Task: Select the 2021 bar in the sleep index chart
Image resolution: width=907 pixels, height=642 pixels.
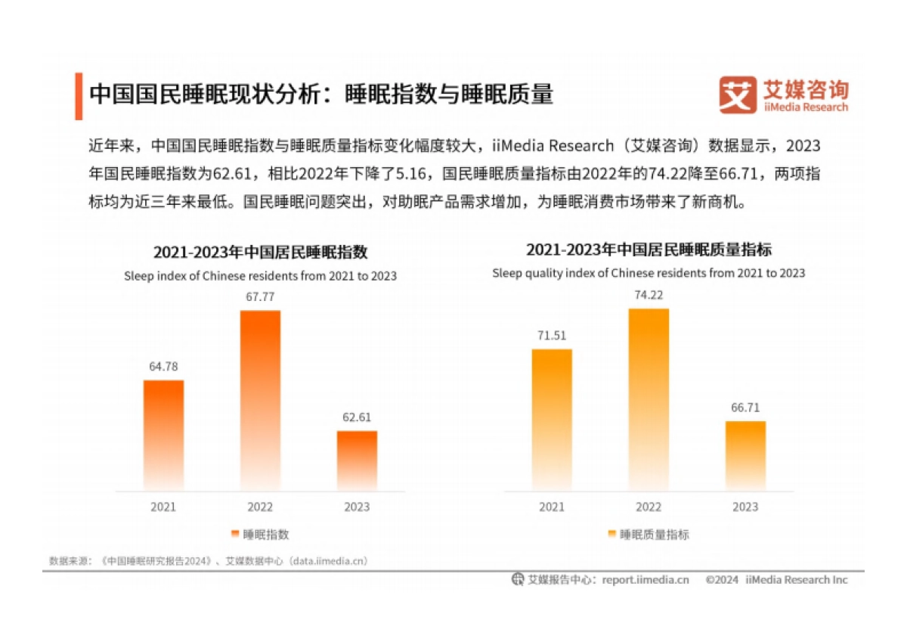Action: [x=163, y=435]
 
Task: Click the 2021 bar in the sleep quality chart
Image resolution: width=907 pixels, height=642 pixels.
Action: [x=552, y=419]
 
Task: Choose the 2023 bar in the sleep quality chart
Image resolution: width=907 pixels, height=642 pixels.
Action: [x=745, y=455]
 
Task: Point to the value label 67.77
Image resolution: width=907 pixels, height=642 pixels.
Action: [x=260, y=296]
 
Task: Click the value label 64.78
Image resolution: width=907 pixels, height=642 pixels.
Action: [x=163, y=367]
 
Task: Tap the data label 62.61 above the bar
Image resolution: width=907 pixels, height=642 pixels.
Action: [x=357, y=417]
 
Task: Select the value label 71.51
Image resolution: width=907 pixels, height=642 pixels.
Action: [x=552, y=336]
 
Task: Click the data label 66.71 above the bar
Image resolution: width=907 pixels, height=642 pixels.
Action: [x=745, y=408]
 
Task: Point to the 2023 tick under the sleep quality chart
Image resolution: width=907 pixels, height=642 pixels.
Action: [x=745, y=507]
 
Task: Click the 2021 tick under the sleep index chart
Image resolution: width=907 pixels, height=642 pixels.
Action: [x=163, y=507]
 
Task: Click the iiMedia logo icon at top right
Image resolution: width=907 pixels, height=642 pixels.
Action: [x=737, y=95]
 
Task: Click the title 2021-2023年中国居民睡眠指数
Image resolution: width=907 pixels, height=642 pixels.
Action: [x=260, y=252]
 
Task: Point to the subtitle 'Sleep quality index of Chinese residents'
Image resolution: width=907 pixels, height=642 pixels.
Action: [x=649, y=273]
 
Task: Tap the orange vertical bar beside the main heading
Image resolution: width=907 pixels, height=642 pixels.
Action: [x=79, y=96]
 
